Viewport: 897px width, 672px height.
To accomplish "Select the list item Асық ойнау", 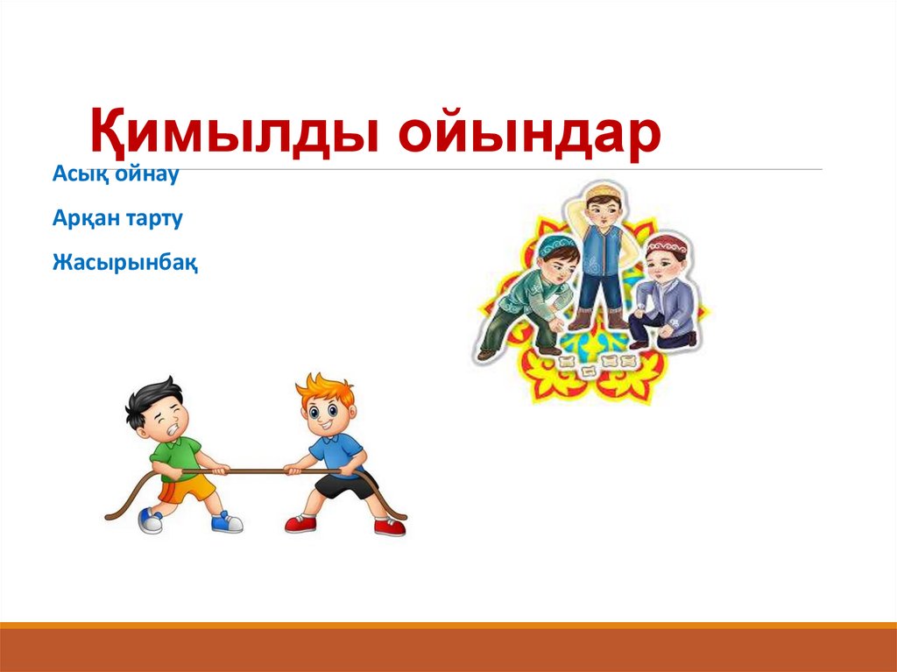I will click(116, 173).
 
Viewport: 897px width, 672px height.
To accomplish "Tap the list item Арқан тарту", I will click(117, 217).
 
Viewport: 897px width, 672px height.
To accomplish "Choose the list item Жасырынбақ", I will click(125, 261).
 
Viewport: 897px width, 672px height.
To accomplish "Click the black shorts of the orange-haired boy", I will click(346, 485).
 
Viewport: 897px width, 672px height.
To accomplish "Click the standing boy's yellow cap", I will click(602, 190).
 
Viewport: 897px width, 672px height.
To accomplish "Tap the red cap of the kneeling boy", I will click(666, 243).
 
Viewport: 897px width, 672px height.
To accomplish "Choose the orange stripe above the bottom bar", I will click(448, 625).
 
